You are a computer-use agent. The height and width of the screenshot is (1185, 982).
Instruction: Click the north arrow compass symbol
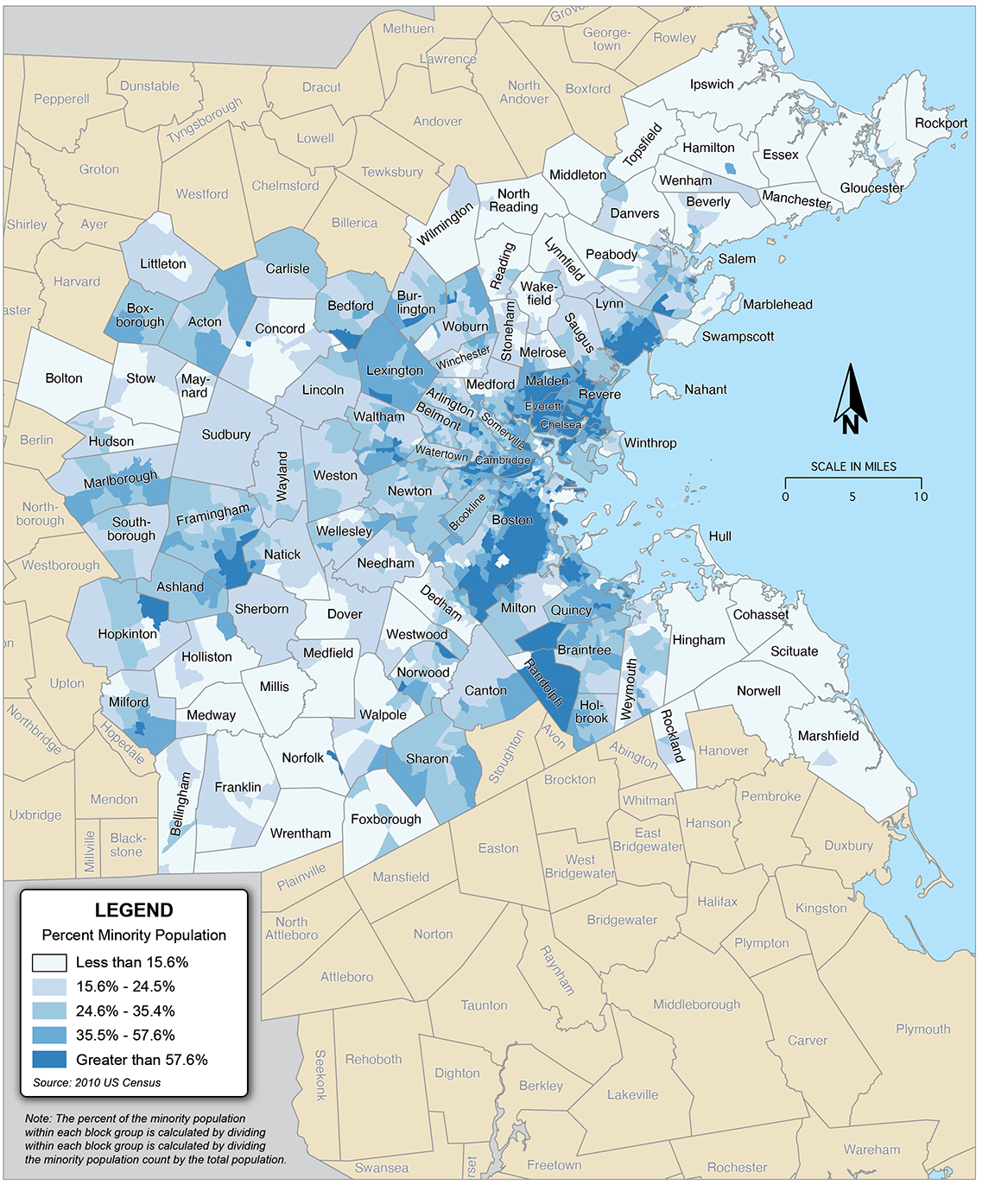pos(851,399)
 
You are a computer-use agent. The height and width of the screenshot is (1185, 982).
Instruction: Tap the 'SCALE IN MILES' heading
pos(853,466)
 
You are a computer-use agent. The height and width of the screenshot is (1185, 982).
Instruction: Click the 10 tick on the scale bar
pos(921,496)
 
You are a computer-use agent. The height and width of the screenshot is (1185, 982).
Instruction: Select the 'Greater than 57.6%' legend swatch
pos(49,1060)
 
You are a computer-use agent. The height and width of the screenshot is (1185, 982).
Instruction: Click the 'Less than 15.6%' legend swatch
pos(49,962)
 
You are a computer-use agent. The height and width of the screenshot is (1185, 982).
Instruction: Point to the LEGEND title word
pos(134,910)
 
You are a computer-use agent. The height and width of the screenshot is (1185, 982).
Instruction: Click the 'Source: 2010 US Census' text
pos(97,1082)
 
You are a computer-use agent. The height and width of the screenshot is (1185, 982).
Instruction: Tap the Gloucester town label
pos(871,187)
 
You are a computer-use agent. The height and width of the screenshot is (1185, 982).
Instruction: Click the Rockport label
pos(941,123)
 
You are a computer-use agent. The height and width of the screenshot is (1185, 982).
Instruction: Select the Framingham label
pos(212,515)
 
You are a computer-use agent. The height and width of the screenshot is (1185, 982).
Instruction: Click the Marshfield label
pos(827,736)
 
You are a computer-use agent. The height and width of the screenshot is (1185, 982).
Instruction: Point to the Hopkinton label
pos(128,634)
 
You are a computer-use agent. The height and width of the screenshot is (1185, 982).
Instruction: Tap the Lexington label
pos(395,371)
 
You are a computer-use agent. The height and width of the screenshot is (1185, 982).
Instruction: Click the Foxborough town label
pos(386,819)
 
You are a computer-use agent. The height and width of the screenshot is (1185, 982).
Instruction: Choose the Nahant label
pos(706,390)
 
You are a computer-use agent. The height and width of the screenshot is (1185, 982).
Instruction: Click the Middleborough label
pos(696,1004)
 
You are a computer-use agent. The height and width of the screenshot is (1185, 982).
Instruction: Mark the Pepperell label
pos(61,98)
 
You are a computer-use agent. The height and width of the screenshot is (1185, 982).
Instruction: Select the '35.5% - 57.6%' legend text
pos(125,1035)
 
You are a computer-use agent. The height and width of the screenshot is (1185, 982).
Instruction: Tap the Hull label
pos(719,536)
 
